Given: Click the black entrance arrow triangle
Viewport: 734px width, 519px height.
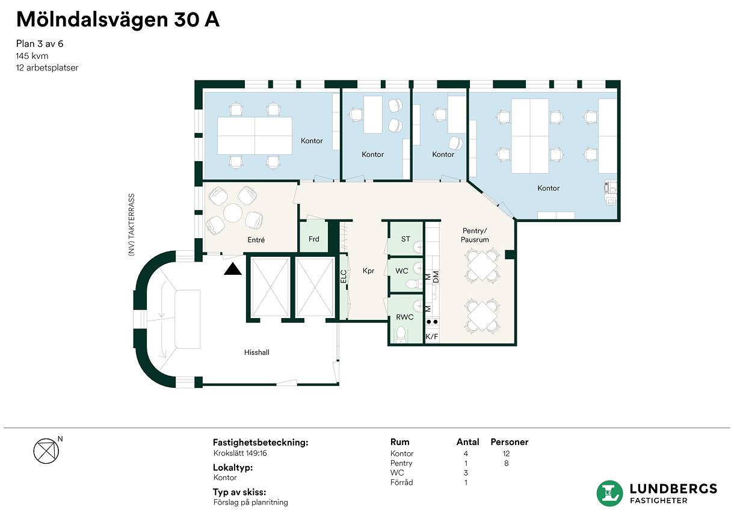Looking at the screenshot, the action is (x=233, y=269).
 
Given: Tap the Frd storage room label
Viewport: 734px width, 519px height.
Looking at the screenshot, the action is (x=313, y=239).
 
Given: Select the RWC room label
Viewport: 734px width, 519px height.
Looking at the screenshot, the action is (x=405, y=317).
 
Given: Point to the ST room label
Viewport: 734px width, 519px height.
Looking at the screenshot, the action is (x=406, y=239).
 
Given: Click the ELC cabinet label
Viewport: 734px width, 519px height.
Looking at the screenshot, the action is (x=344, y=277).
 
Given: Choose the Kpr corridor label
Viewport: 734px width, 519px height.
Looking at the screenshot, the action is (x=368, y=271).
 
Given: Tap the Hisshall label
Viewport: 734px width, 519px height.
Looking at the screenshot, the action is (x=256, y=352).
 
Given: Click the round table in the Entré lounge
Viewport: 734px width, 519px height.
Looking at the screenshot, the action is (x=233, y=213).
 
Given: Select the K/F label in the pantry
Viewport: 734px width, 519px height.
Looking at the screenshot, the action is (x=431, y=336).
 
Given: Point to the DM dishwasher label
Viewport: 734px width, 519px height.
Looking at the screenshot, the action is (x=436, y=277).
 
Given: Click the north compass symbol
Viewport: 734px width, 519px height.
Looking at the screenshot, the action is (x=46, y=451).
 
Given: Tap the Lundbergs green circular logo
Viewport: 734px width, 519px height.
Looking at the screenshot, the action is (x=609, y=494).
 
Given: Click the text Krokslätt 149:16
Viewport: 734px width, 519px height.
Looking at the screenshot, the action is (x=240, y=453).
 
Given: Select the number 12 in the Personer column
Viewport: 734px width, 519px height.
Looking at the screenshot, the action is (x=506, y=453).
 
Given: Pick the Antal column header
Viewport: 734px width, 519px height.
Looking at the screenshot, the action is (x=467, y=442).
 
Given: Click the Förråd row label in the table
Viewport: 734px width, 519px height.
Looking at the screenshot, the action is (x=401, y=482).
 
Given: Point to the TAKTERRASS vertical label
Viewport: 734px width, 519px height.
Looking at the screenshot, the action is (x=131, y=216).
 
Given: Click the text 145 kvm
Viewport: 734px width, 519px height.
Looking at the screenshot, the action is (x=32, y=56).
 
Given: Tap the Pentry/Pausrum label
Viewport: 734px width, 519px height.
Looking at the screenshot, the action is (x=475, y=235).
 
